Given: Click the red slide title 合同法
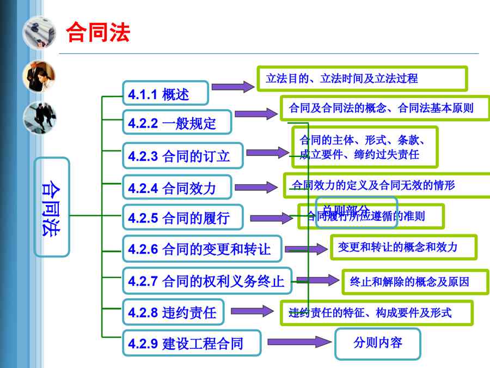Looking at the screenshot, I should tap(98, 33).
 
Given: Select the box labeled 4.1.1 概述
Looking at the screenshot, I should tap(165, 94).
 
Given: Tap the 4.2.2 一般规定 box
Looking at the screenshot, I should tap(177, 123).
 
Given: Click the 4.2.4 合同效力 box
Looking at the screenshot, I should tap(177, 188).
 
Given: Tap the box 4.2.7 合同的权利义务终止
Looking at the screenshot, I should tap(207, 281).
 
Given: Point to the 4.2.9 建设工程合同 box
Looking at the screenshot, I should tap(191, 343).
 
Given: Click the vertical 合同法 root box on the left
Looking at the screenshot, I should tap(52, 207).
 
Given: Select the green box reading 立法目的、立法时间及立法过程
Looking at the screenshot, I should tap(362, 79).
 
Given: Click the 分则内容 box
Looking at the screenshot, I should tap(377, 343).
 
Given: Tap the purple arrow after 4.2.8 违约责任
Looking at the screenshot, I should tap(252, 311).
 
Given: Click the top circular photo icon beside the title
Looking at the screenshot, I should tap(39, 33).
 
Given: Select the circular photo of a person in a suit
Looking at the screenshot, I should tap(39, 76).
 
